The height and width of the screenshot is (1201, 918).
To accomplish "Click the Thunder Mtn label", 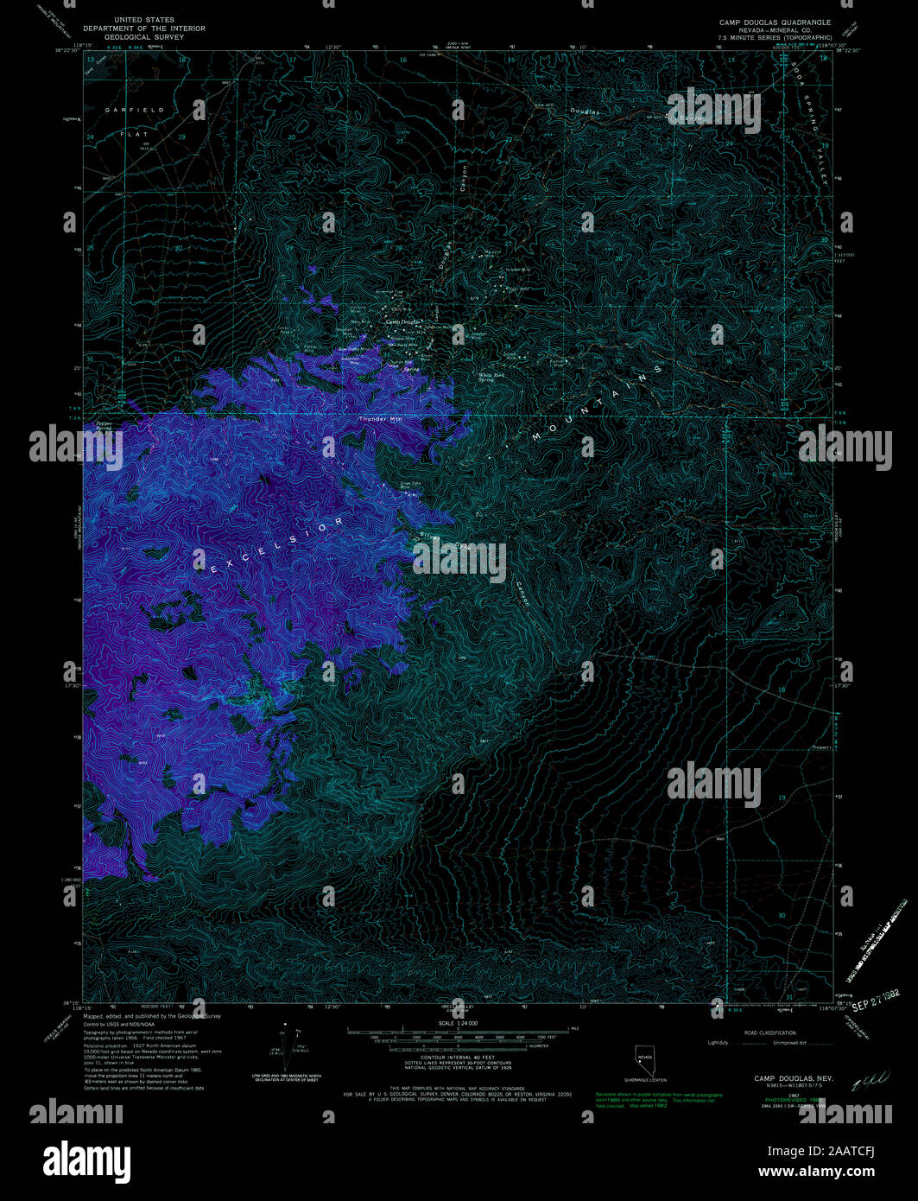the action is click(x=381, y=420).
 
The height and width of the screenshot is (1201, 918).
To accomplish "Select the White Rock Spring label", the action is click(x=492, y=377).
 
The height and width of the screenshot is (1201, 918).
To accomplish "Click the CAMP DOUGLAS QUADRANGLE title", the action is click(x=775, y=21).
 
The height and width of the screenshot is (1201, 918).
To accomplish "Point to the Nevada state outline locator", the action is click(x=644, y=1059).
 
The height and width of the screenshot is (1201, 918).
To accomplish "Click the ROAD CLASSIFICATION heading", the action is click(x=760, y=1033).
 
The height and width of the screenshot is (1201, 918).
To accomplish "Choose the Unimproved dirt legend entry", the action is click(x=790, y=1043).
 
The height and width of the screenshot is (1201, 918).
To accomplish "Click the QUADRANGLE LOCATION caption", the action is click(x=646, y=1080).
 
